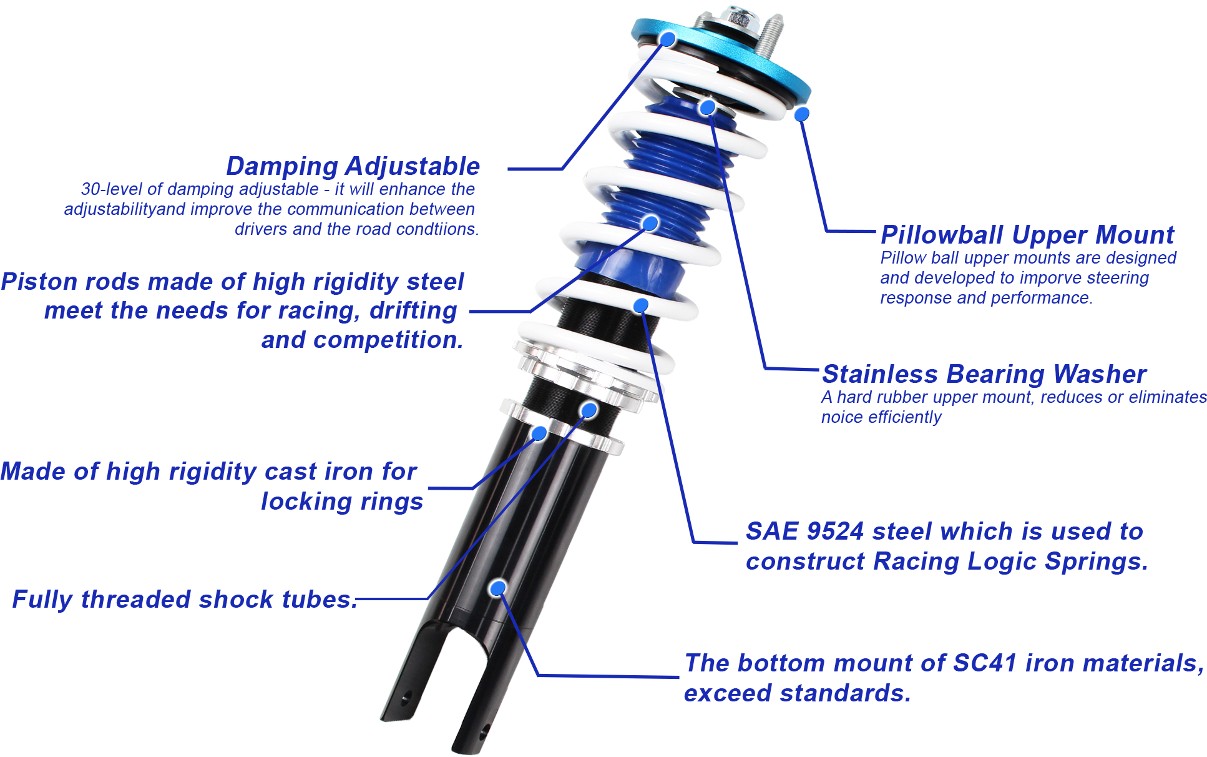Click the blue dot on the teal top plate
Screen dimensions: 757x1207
click(668, 39)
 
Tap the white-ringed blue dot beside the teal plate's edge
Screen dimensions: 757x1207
click(802, 114)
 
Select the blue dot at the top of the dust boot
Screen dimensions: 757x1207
click(707, 107)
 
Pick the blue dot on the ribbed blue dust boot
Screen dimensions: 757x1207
click(650, 223)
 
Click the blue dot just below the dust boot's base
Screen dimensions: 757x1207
click(640, 305)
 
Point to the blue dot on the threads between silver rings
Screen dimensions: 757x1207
click(589, 410)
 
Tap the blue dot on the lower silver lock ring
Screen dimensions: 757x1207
click(539, 433)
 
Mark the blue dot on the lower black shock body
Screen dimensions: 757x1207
click(497, 588)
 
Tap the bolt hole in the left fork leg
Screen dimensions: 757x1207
click(408, 696)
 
